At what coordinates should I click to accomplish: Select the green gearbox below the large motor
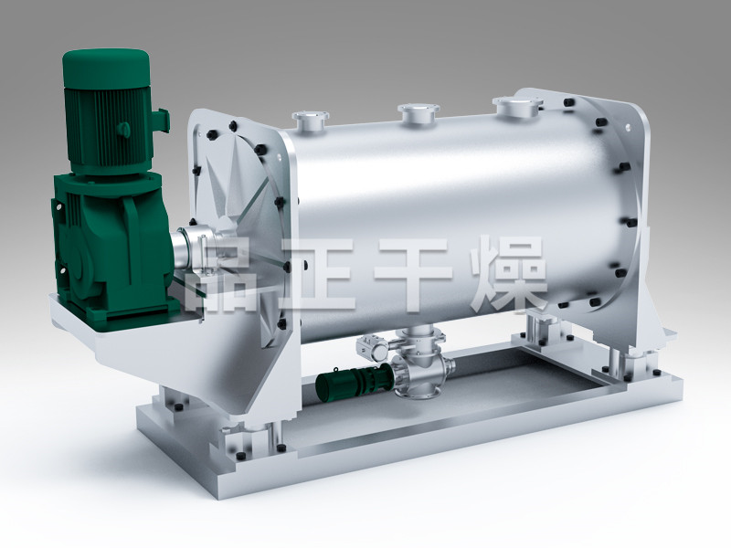point(111,242)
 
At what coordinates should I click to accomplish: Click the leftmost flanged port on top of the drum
point(310,121)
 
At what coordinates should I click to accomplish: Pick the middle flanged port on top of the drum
point(418,113)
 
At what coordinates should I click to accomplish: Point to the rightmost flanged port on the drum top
point(520,106)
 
